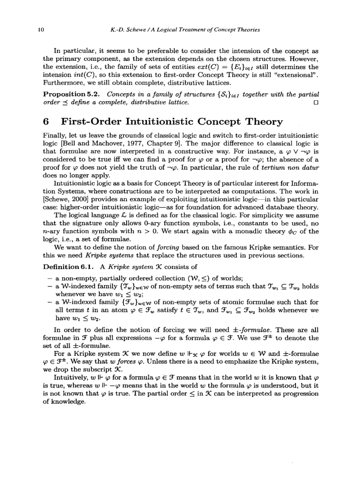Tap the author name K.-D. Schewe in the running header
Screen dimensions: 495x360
[127, 30]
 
